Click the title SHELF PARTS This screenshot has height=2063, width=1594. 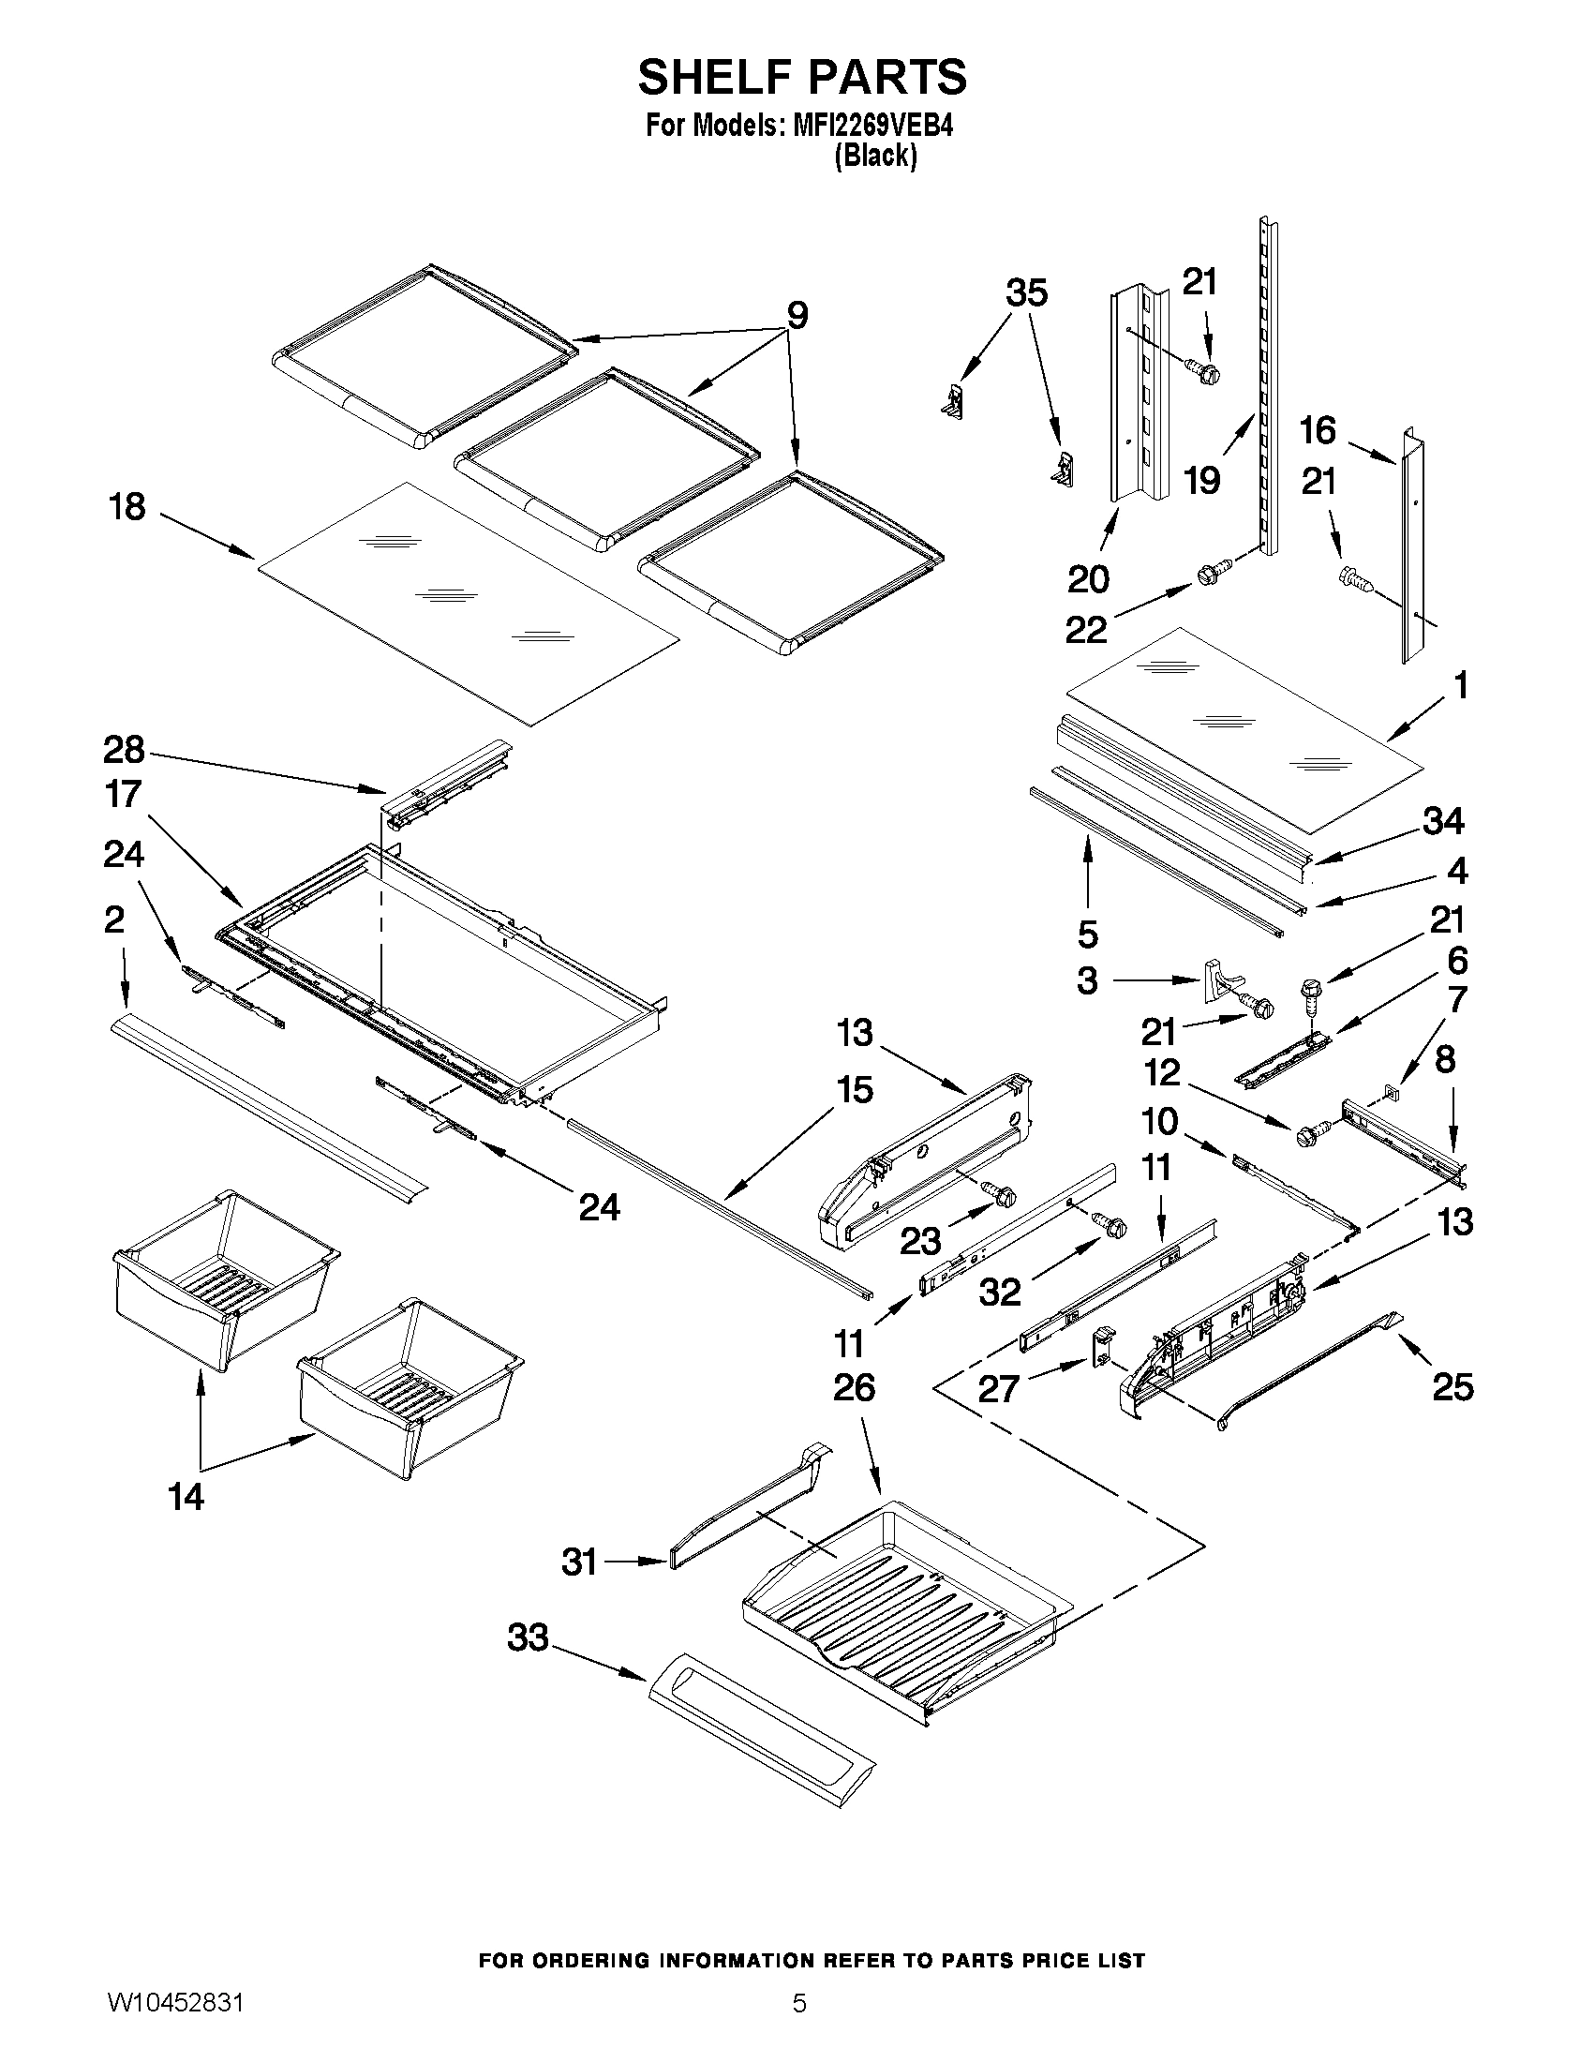click(802, 77)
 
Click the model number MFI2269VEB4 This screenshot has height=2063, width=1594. click(871, 126)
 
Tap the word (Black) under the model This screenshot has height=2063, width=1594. click(874, 156)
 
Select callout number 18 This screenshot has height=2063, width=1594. click(127, 507)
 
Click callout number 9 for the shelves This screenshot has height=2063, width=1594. click(797, 316)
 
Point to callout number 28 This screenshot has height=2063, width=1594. click(124, 751)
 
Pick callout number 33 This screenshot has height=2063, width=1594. click(528, 1637)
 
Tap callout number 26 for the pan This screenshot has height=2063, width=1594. click(854, 1387)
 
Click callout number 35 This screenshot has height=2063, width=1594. click(1026, 292)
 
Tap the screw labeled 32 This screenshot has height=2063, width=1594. click(1110, 1224)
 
